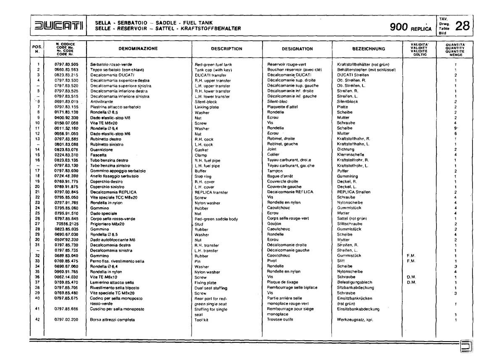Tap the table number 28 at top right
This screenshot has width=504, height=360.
(462, 26)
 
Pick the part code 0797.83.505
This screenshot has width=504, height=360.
(66, 64)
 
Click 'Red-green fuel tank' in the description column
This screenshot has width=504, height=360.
(213, 64)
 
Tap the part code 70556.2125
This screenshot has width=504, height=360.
(67, 224)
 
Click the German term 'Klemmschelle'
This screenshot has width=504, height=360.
(351, 155)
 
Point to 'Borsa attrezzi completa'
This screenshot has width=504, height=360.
(113, 320)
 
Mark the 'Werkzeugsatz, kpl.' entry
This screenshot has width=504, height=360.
(355, 320)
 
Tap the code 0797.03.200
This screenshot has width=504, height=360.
(66, 320)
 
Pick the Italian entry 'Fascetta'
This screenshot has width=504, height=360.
(99, 155)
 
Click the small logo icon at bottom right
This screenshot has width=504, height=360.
(466, 347)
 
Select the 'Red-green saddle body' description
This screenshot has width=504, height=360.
(216, 219)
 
